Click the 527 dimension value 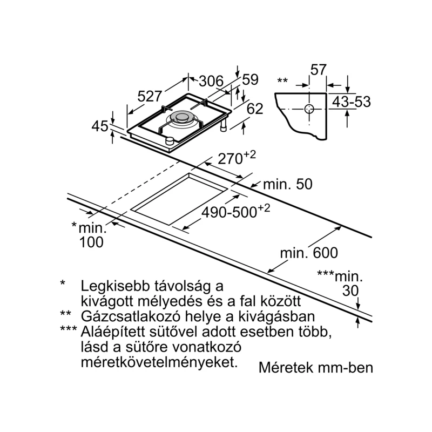pyautogui.click(x=150, y=97)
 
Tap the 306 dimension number pyautogui.click(x=211, y=82)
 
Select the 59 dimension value pyautogui.click(x=250, y=79)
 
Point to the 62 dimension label pyautogui.click(x=255, y=109)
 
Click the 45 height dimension pyautogui.click(x=100, y=126)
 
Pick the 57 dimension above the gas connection pyautogui.click(x=319, y=70)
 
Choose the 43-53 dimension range pyautogui.click(x=352, y=102)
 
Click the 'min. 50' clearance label pyautogui.click(x=288, y=184)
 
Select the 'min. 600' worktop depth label pyautogui.click(x=309, y=253)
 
